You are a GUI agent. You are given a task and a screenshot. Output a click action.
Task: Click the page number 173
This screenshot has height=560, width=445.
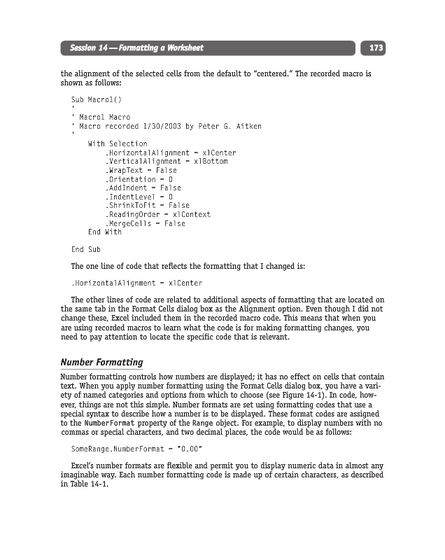pyautogui.click(x=376, y=48)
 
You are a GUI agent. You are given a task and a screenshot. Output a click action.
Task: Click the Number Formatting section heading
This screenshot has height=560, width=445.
pyautogui.click(x=102, y=362)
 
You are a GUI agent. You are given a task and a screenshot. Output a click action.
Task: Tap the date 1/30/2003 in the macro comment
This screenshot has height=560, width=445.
pyautogui.click(x=160, y=126)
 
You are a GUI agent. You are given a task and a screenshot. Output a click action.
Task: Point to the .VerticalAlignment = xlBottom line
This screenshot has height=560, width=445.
pyautogui.click(x=167, y=161)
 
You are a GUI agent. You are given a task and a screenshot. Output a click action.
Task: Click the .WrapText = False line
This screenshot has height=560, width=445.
pyautogui.click(x=141, y=170)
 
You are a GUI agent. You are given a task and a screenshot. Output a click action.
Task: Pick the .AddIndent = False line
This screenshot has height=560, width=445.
pyautogui.click(x=143, y=188)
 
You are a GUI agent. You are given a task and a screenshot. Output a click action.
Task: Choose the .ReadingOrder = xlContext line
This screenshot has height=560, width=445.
pyautogui.click(x=157, y=214)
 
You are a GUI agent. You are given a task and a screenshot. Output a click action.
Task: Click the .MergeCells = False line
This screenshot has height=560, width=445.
pyautogui.click(x=145, y=223)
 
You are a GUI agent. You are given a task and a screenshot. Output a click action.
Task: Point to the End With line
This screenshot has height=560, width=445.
pyautogui.click(x=104, y=232)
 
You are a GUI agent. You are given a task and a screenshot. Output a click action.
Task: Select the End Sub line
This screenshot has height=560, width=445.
pyautogui.click(x=86, y=249)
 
